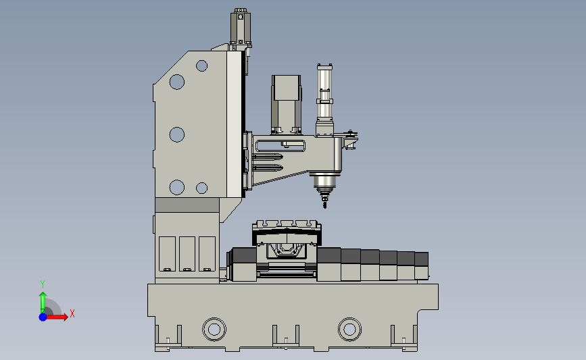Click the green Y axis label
42,284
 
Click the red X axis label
72,313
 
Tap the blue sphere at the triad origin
43,317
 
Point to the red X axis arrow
57,317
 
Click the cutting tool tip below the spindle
324,204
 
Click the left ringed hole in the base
214,330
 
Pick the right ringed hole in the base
350,330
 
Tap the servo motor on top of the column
241,28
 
